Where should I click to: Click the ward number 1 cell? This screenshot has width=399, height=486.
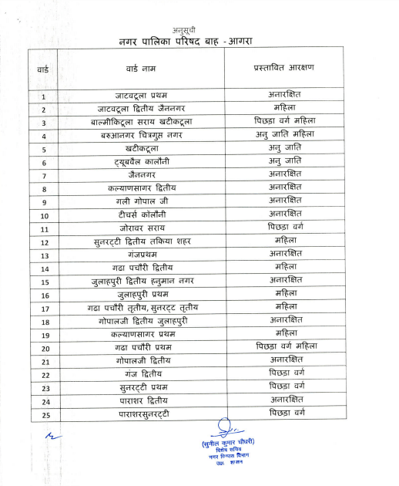(x=44, y=97)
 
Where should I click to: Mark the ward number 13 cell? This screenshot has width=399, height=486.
(x=44, y=255)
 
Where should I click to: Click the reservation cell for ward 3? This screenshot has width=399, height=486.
(x=286, y=122)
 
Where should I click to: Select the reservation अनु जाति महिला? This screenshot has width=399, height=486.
(x=286, y=135)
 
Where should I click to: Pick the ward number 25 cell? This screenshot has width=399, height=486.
(x=44, y=416)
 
